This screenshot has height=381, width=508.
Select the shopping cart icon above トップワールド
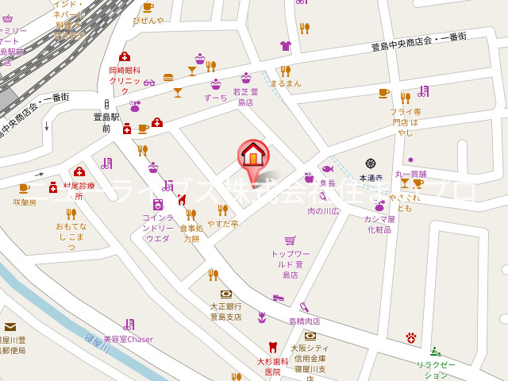291,240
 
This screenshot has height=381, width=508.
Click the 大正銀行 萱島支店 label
225,311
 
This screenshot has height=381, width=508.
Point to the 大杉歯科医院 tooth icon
273,346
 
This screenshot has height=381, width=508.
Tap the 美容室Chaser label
128,339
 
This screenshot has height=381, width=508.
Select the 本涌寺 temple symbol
371,164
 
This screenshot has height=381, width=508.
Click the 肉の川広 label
323,211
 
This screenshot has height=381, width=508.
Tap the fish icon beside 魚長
328,169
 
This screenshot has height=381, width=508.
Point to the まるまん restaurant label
285,83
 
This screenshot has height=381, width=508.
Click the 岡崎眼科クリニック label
125,75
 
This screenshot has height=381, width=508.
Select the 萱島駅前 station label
106,121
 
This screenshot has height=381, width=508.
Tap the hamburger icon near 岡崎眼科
168,77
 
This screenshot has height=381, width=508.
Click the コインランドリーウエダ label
158,228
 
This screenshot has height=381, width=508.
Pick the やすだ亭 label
223,223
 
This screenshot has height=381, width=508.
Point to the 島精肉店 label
304,321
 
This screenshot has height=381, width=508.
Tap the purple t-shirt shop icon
286,45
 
